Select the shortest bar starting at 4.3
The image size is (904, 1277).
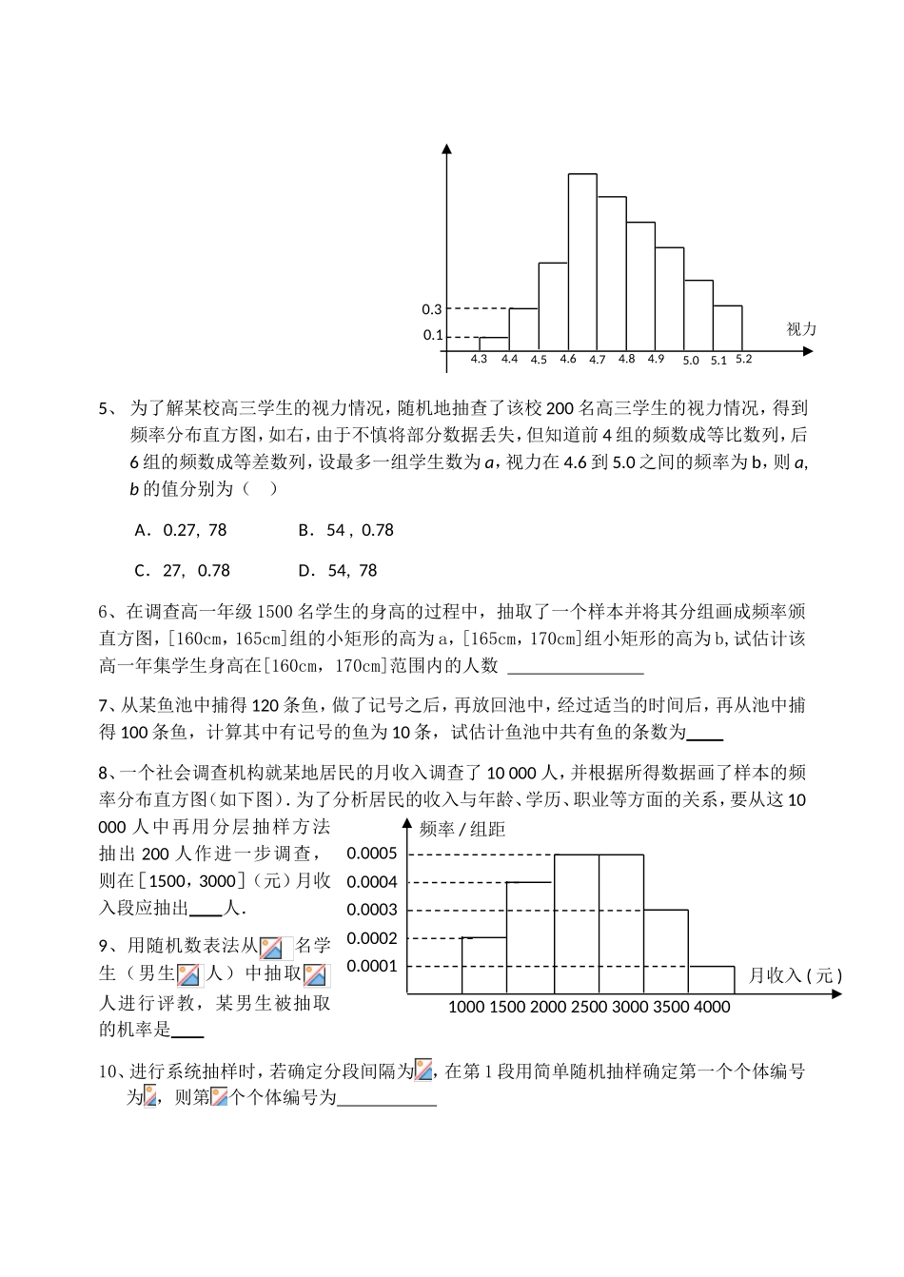pos(493,344)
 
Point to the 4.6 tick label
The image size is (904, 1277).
pos(568,360)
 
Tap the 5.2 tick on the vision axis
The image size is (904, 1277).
pos(744,360)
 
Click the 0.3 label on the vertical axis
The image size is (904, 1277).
pos(432,309)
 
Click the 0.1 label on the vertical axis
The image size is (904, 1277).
pos(432,335)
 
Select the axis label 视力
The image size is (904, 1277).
pos(801,329)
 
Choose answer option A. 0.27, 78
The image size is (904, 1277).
pos(181,530)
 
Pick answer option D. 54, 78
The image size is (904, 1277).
pos(338,571)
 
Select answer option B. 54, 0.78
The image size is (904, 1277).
pos(345,530)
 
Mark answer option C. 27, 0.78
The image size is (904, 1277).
pos(183,571)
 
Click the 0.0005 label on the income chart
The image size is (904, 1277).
pos(372,854)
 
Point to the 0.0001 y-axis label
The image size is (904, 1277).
pos(372,966)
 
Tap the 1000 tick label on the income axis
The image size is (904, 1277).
pos(465,1007)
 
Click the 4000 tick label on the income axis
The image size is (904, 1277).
pos(712,1007)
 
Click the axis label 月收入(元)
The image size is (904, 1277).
pos(795,975)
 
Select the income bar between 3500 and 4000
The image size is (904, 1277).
pos(712,979)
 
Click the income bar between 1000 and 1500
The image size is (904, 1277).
pos(483,965)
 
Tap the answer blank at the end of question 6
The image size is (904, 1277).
pos(576,666)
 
